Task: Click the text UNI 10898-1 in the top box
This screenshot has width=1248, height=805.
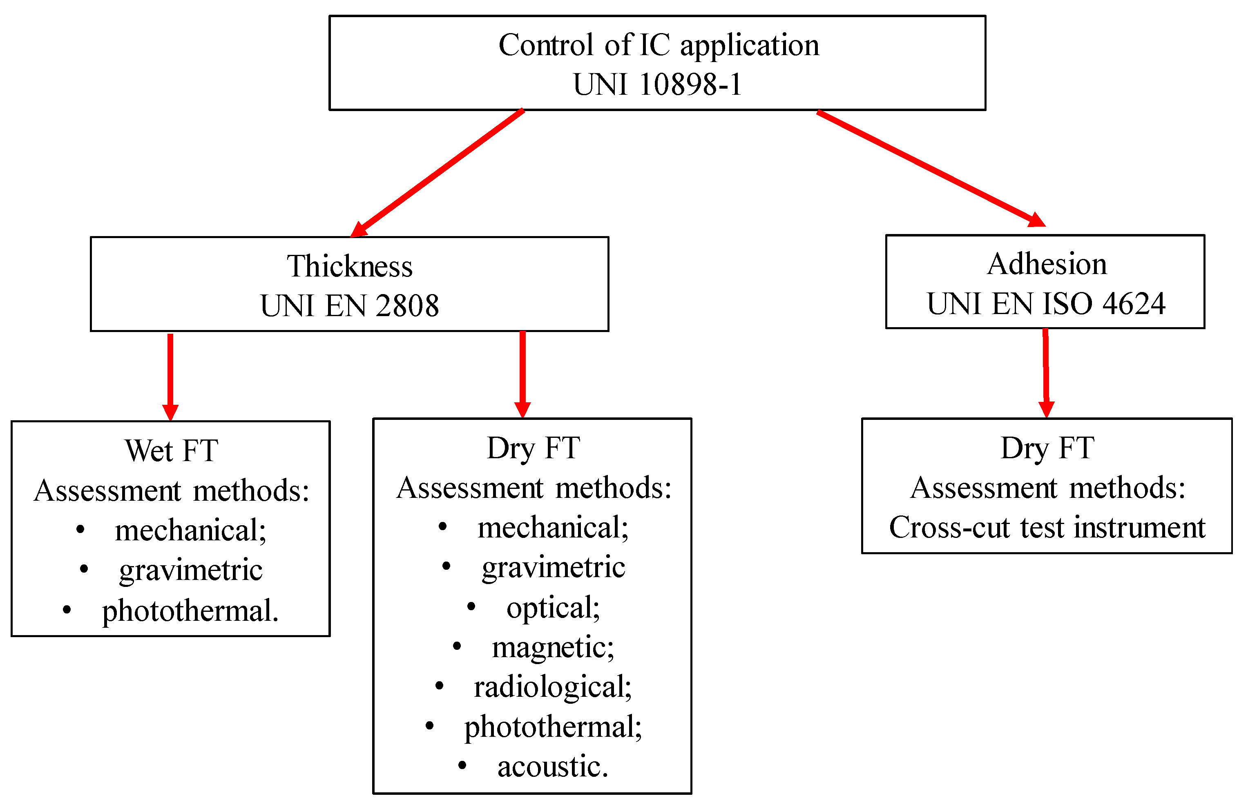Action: click(x=657, y=84)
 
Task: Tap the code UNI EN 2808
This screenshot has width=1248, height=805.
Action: click(x=349, y=306)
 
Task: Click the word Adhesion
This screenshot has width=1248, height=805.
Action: click(x=1047, y=264)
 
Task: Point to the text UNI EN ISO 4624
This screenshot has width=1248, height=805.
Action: click(x=1046, y=304)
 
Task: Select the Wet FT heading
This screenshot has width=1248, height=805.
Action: click(x=171, y=450)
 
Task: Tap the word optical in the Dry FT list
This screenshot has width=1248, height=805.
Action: click(x=553, y=607)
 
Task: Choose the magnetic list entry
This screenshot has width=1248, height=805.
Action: click(x=553, y=647)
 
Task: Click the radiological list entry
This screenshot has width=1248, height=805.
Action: click(x=553, y=687)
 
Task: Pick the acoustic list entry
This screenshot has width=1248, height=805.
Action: click(x=553, y=766)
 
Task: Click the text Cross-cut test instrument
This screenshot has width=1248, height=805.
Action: click(x=1047, y=527)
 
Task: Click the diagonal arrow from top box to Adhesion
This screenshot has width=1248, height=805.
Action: click(x=931, y=168)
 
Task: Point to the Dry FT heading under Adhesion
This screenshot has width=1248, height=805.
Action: click(x=1047, y=448)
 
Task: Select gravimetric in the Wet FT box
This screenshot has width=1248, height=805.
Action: click(x=190, y=570)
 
